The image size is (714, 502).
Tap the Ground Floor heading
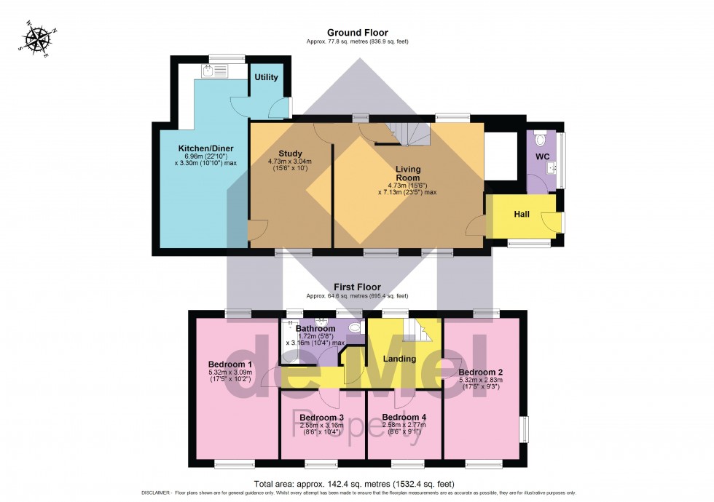coord(357,33)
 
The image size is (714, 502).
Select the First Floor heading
coord(357,287)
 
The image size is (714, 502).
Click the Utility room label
coord(266,77)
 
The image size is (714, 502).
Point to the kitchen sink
coord(209,71)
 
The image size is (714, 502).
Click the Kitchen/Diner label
coord(205,148)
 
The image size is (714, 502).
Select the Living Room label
coord(408,173)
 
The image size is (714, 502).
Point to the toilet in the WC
coord(539,139)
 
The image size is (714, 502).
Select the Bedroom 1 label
coord(229,364)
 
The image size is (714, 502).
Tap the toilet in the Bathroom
coord(356,328)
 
